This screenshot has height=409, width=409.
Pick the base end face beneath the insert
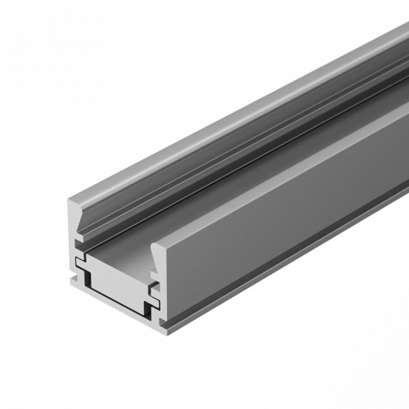coord(123,315)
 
